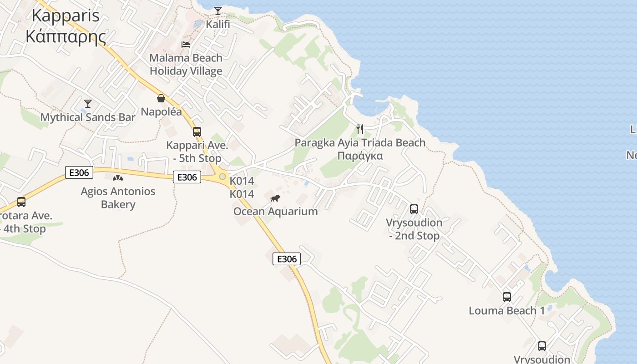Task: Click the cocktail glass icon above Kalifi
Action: tap(218, 10)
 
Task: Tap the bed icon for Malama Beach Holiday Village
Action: tap(186, 44)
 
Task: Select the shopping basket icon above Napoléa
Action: tap(161, 98)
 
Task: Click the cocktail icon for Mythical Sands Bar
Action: tap(88, 104)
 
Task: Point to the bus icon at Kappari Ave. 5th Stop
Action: tap(197, 132)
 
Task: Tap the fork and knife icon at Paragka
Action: tap(360, 129)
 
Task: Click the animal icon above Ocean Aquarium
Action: tap(275, 198)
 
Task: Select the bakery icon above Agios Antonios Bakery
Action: tap(118, 178)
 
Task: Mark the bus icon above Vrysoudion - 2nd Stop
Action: tap(414, 209)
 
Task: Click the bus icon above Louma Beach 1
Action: tap(507, 297)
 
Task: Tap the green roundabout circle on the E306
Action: tap(222, 177)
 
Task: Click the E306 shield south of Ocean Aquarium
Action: tap(287, 259)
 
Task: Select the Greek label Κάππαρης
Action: tap(66, 36)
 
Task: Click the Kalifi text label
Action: tap(218, 24)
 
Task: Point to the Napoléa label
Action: tap(161, 112)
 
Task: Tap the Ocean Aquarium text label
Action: tap(275, 211)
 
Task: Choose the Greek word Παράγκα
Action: tap(360, 156)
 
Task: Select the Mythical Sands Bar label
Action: tap(88, 117)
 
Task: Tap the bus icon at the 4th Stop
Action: tap(21, 202)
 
